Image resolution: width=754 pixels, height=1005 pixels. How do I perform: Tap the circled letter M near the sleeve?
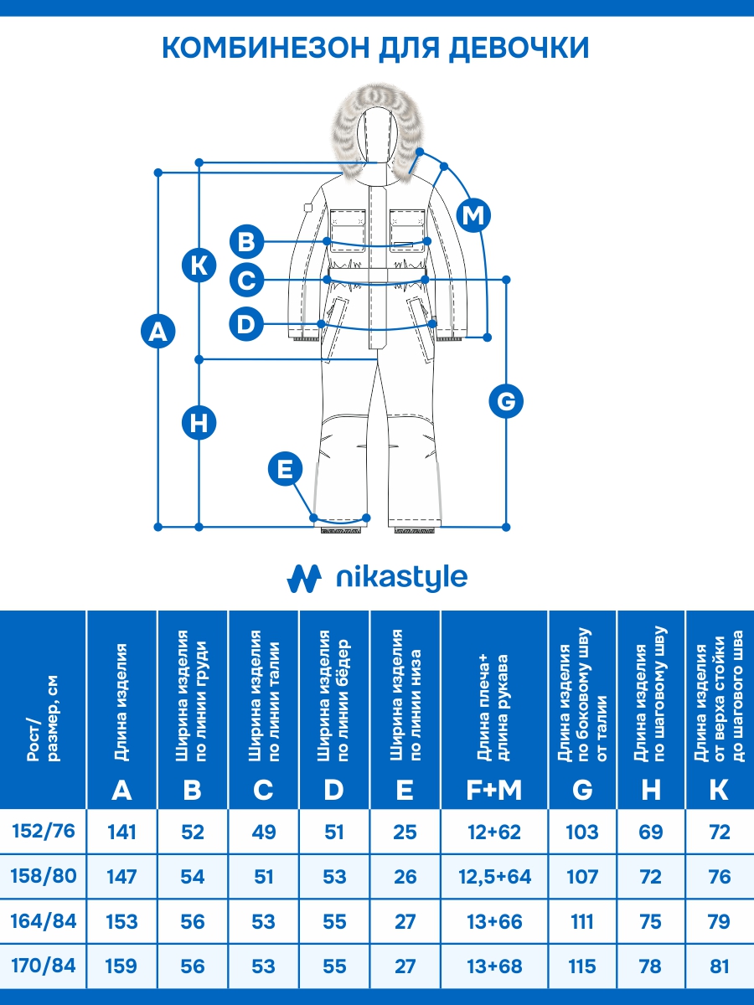point(474,215)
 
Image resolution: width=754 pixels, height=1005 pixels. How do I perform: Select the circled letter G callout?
point(506,401)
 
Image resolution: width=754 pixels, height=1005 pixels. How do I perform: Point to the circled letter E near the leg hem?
point(286,468)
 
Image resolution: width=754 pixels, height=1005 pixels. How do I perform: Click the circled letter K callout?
point(199,265)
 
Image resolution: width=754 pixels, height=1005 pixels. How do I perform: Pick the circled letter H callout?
point(199,422)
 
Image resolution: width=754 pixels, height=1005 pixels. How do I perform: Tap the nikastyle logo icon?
point(304,578)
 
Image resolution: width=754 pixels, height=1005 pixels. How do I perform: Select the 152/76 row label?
point(44,831)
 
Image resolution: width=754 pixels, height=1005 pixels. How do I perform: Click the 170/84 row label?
point(44,966)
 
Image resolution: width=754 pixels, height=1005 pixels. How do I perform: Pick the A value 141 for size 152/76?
point(122,832)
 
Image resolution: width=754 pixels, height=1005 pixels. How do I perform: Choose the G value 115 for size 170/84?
point(582,966)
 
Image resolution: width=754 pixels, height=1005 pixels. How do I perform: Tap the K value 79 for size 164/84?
point(719,922)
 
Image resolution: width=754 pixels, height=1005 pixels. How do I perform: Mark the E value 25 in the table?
point(405,832)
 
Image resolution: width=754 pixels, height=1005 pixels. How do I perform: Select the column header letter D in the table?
point(333,789)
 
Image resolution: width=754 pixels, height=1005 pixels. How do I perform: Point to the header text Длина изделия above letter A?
point(122,702)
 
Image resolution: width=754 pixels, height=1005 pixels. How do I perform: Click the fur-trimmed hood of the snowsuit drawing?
point(377,134)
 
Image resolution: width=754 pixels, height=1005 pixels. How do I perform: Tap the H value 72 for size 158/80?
point(651,877)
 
